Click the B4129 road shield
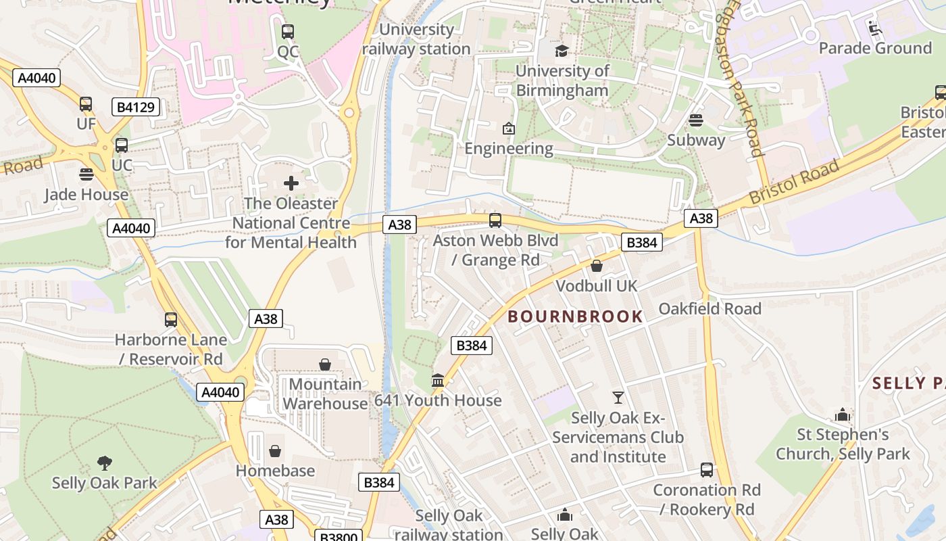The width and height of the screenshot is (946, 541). (135, 107)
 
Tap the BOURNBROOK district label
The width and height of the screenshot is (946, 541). (575, 316)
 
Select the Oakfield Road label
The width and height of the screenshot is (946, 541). (709, 308)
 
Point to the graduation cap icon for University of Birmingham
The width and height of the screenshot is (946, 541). (562, 51)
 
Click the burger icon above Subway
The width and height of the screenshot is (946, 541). (695, 120)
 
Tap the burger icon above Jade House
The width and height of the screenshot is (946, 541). (86, 174)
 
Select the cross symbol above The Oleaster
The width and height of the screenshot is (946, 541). (291, 183)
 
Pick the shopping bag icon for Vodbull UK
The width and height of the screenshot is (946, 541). (596, 266)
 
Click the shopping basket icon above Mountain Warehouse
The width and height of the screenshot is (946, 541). (325, 364)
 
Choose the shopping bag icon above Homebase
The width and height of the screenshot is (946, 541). (275, 450)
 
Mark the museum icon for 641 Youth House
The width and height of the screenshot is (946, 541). (438, 381)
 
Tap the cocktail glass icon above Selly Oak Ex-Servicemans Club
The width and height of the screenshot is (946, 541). (618, 397)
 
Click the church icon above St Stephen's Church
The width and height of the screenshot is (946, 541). (842, 414)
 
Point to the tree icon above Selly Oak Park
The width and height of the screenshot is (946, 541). (104, 463)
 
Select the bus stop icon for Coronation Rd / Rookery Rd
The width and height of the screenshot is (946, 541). (706, 469)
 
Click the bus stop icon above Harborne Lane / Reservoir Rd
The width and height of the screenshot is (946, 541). (171, 319)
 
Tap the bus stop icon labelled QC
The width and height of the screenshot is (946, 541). (288, 31)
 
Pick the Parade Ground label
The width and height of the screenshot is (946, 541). (874, 48)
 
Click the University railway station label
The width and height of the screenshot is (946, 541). (416, 39)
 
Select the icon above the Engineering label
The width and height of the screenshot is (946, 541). (508, 128)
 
